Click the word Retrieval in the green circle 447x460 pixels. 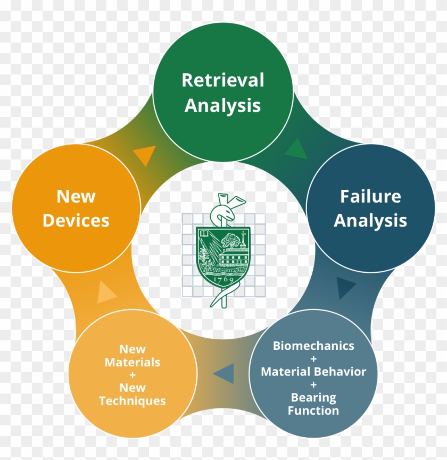pyautogui.click(x=222, y=80)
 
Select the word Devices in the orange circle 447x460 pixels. pyautogui.click(x=76, y=220)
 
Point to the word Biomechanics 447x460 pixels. pyautogui.click(x=313, y=346)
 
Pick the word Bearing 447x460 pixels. pyautogui.click(x=313, y=397)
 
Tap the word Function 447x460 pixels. pyautogui.click(x=313, y=411)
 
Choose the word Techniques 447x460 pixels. pyautogui.click(x=133, y=400)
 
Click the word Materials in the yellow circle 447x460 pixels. pyautogui.click(x=133, y=362)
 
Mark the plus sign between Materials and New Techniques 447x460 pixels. pyautogui.click(x=133, y=375)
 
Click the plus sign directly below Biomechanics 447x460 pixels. pyautogui.click(x=313, y=358)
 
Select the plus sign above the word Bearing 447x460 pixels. pyautogui.click(x=313, y=384)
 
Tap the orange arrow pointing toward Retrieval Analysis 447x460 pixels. pyautogui.click(x=144, y=155)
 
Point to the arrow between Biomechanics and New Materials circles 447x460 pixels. pyautogui.click(x=224, y=373)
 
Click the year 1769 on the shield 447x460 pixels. pyautogui.click(x=222, y=278)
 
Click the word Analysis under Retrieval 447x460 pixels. pyautogui.click(x=222, y=105)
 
